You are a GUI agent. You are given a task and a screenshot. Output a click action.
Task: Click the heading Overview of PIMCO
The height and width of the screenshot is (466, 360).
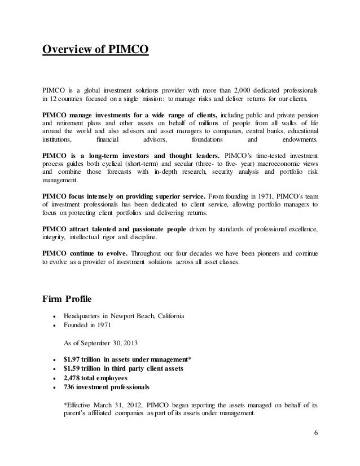click(x=95, y=51)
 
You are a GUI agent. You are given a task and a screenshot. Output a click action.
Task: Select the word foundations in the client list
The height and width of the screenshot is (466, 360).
click(x=207, y=139)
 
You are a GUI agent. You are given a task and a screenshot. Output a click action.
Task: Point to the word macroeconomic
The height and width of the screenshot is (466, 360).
click(x=267, y=164)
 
